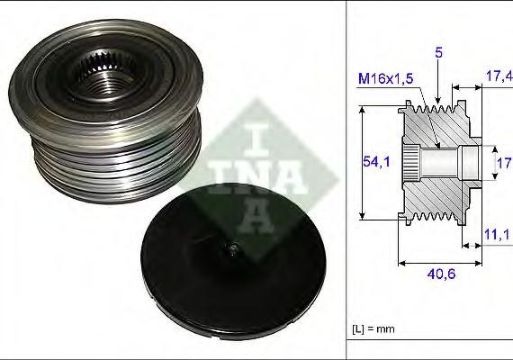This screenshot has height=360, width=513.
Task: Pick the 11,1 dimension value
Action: (497, 233)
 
